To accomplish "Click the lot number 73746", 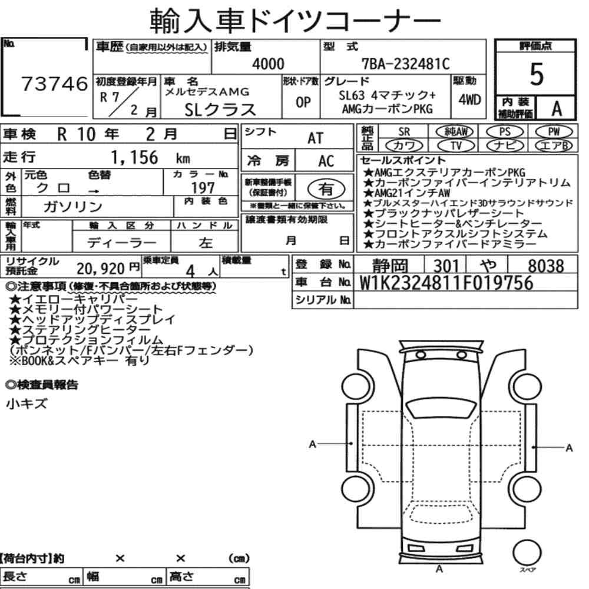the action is [x=54, y=84].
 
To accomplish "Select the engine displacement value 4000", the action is [x=268, y=64].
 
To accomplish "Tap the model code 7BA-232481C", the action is [x=405, y=64].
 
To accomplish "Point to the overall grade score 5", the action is [x=536, y=74].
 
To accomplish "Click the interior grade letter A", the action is [x=557, y=108].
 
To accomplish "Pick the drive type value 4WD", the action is [x=469, y=100].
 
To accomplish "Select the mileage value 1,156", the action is [x=134, y=157].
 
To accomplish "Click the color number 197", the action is [x=203, y=188].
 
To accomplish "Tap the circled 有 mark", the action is [x=326, y=189].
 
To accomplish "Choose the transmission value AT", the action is [x=315, y=138].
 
